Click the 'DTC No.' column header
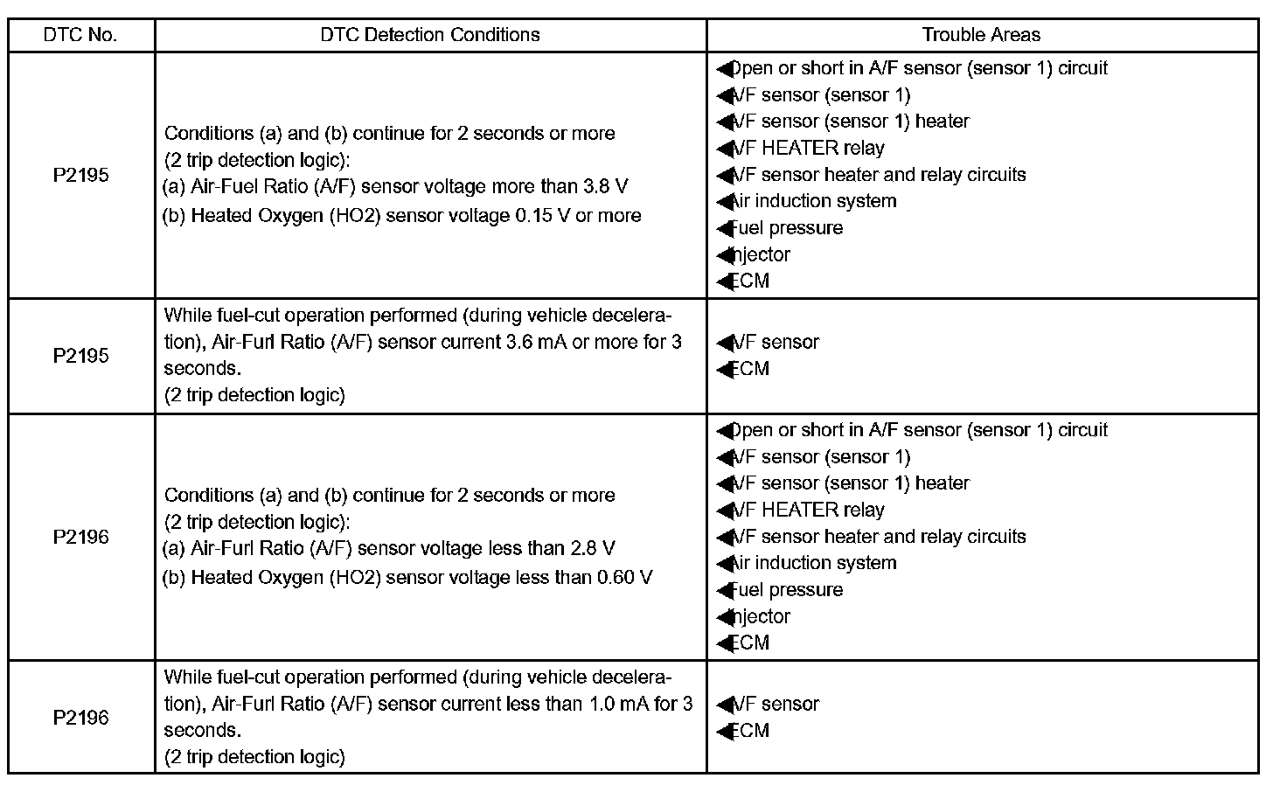(80, 35)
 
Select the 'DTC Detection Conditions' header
(430, 35)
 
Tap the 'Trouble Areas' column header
(981, 35)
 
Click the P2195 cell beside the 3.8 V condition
(80, 175)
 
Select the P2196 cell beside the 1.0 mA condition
(80, 718)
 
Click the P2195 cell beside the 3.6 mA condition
(80, 356)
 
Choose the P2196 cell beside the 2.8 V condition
(80, 537)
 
